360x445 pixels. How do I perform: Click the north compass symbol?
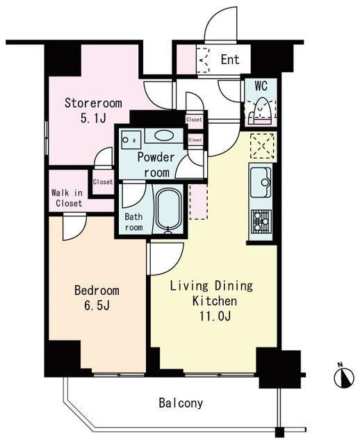click(x=344, y=377)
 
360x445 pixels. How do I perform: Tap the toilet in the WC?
click(x=260, y=111)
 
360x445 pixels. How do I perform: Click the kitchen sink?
click(x=261, y=182)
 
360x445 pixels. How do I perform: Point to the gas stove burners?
click(x=261, y=221)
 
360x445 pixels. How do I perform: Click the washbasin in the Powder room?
click(x=164, y=135)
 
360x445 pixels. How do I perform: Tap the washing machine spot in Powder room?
click(x=131, y=139)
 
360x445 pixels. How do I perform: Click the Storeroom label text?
click(x=93, y=103)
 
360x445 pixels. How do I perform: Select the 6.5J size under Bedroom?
click(x=97, y=305)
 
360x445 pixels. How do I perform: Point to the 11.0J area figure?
click(x=215, y=316)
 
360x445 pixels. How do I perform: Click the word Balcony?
click(x=181, y=403)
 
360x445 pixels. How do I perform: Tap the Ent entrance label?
click(x=230, y=60)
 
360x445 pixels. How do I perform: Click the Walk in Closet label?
click(x=67, y=198)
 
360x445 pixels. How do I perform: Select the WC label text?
click(x=261, y=86)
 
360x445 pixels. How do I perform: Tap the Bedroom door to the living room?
click(x=165, y=259)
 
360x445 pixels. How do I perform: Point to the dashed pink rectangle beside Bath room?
click(x=199, y=202)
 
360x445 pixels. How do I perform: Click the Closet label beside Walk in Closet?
click(x=103, y=181)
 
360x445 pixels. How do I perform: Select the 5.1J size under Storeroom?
click(x=93, y=118)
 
